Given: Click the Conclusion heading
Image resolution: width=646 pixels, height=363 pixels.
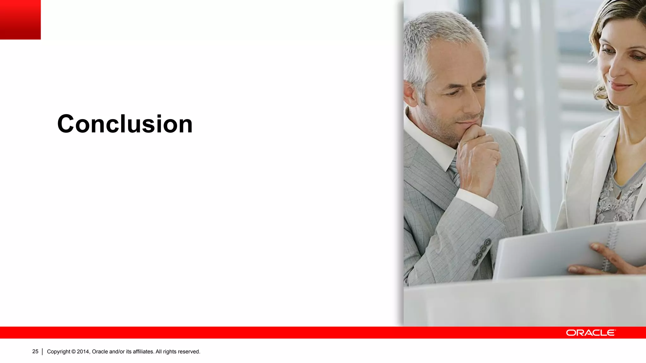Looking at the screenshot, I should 125,124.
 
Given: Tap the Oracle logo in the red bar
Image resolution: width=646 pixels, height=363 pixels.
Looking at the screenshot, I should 590,333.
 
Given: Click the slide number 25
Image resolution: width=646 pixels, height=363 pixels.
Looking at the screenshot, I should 35,351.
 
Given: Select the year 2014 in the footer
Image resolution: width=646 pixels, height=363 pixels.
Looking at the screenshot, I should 83,352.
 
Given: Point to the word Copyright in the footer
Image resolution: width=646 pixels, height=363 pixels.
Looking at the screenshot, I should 58,352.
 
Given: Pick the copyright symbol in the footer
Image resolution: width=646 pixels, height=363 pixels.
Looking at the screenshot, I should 73,352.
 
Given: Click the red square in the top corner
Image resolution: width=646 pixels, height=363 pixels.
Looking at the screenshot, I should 20,20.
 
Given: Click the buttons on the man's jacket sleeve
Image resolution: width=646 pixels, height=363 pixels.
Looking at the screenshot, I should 482,252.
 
